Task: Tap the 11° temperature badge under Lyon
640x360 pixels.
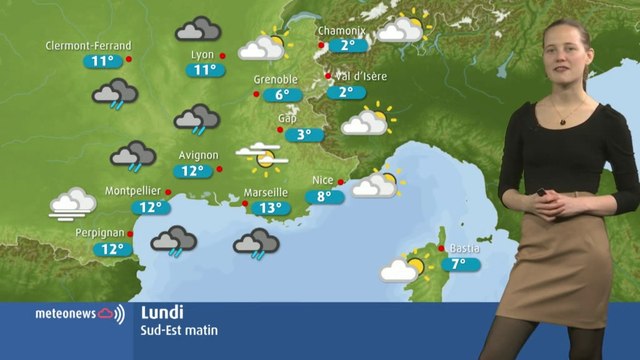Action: pyautogui.click(x=205, y=70)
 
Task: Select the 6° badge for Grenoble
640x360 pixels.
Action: pyautogui.click(x=282, y=95)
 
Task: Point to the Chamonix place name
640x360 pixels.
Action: pyautogui.click(x=342, y=31)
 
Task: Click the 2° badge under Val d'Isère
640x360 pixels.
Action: pyautogui.click(x=347, y=92)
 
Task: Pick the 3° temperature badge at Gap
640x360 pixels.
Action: pyautogui.click(x=304, y=135)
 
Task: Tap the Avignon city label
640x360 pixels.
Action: pyautogui.click(x=199, y=155)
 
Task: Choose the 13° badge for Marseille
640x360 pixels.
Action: pyautogui.click(x=268, y=208)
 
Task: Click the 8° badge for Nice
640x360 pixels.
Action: pyautogui.click(x=324, y=197)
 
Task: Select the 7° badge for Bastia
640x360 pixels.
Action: pyautogui.click(x=459, y=265)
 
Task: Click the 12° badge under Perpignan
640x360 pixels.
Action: pyautogui.click(x=112, y=249)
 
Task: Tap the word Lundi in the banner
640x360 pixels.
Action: pyautogui.click(x=162, y=311)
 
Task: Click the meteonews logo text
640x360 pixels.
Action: pyautogui.click(x=66, y=314)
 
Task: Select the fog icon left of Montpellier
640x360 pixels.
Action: pyautogui.click(x=73, y=203)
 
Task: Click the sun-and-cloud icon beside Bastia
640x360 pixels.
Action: pyautogui.click(x=403, y=267)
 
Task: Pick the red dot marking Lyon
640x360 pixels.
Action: pyautogui.click(x=223, y=56)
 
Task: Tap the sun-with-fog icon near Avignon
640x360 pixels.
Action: pyautogui.click(x=262, y=155)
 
